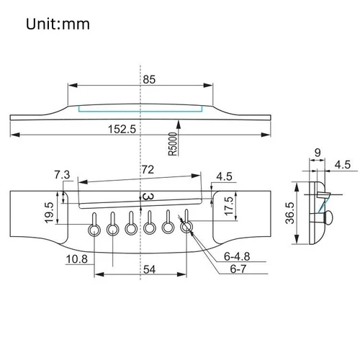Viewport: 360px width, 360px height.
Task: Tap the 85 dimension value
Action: (x=150, y=81)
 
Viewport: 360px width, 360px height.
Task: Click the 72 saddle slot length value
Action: (x=147, y=170)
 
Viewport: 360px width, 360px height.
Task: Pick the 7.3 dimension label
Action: (x=62, y=175)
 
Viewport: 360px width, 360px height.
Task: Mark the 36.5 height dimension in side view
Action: (x=288, y=215)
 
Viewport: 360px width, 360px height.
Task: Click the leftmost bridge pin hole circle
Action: (x=94, y=229)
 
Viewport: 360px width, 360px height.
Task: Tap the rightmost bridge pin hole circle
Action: (x=186, y=228)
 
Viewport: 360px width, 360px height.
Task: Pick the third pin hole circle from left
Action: (x=131, y=229)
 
